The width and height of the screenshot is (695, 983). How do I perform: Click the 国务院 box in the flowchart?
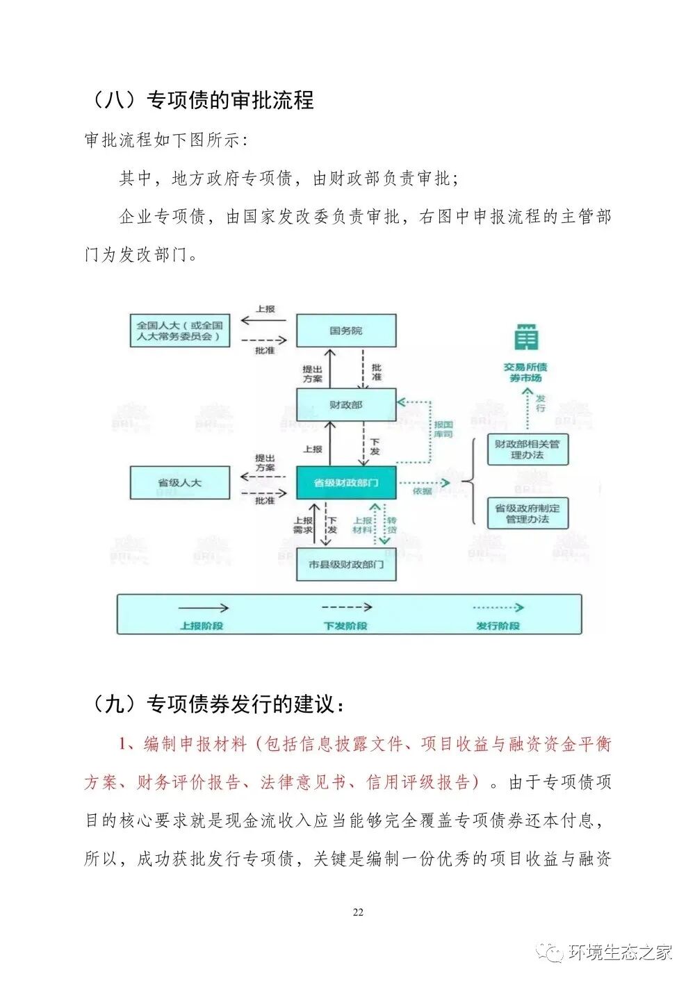tap(346, 331)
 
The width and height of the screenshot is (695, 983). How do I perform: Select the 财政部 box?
tap(346, 404)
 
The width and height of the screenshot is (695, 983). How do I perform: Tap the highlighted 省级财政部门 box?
tap(346, 482)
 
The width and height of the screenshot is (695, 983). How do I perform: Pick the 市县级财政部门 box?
tap(346, 564)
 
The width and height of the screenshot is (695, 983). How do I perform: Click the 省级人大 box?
tap(179, 482)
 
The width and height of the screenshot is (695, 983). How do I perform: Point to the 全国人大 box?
tap(179, 331)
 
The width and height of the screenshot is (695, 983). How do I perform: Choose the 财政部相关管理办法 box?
tap(527, 449)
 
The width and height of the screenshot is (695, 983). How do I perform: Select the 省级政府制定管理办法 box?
tap(527, 513)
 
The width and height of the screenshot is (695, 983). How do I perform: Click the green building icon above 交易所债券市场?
tap(526, 338)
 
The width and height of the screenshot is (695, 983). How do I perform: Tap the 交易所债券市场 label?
tap(525, 372)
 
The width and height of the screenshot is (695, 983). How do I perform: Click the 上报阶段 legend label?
tap(202, 626)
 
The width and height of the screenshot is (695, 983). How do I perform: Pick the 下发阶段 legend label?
tap(345, 626)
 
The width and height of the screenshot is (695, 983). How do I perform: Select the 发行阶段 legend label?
tap(498, 626)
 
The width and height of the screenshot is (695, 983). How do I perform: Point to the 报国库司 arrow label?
tap(443, 429)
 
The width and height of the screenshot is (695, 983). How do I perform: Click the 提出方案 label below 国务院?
tap(313, 374)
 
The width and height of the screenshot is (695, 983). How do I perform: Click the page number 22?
tap(358, 912)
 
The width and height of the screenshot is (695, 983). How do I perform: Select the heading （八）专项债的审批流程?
tap(200, 100)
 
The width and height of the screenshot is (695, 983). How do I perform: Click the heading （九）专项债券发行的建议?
tap(215, 704)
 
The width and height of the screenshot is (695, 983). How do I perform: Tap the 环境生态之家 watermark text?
tap(620, 952)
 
